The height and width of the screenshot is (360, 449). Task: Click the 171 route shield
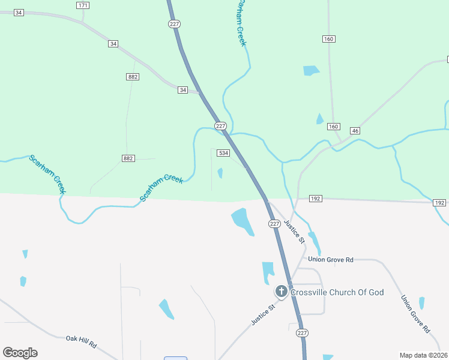pyautogui.click(x=83, y=5)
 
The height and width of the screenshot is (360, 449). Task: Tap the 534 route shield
pyautogui.click(x=223, y=154)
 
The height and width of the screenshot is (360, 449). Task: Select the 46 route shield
pyautogui.click(x=355, y=131)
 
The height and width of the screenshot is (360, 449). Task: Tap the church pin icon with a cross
pyautogui.click(x=281, y=292)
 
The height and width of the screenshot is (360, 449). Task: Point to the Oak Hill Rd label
pyautogui.click(x=82, y=341)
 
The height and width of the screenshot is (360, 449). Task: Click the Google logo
pyautogui.click(x=20, y=353)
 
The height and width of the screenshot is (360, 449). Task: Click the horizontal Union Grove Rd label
pyautogui.click(x=330, y=260)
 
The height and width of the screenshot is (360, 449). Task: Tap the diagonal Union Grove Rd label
pyautogui.click(x=415, y=314)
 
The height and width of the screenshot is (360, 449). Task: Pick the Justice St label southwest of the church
pyautogui.click(x=263, y=314)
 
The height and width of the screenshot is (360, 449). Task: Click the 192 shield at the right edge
pyautogui.click(x=439, y=203)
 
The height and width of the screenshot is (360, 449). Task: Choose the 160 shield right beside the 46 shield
pyautogui.click(x=333, y=127)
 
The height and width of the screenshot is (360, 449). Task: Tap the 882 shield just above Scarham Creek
pyautogui.click(x=128, y=158)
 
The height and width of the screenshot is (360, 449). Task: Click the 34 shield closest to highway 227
pyautogui.click(x=182, y=90)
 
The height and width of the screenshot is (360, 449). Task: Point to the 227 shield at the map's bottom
pyautogui.click(x=303, y=333)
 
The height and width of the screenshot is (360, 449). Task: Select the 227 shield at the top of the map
pyautogui.click(x=173, y=23)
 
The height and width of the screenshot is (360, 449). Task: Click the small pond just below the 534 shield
pyautogui.click(x=220, y=173)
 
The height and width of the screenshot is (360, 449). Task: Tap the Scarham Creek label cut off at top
pyautogui.click(x=241, y=21)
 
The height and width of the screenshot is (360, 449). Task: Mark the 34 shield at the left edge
pyautogui.click(x=19, y=12)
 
